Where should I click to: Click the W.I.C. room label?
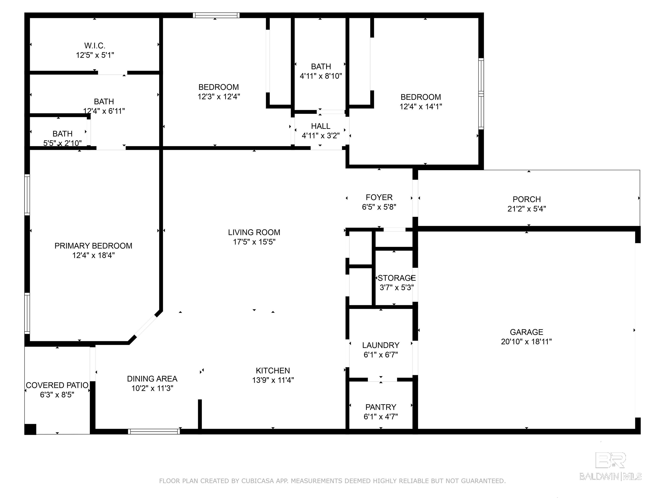coord(95,46)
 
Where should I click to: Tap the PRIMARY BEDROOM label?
coord(93,246)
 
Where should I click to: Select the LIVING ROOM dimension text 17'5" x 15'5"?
coord(254,242)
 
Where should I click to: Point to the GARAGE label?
coord(526,332)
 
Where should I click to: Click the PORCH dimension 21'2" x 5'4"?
coord(527,209)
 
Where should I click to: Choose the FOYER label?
coord(379,197)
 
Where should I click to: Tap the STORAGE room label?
coord(397,278)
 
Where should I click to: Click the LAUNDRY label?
coord(381,345)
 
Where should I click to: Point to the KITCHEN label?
coord(273,371)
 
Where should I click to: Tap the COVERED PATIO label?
coord(57,385)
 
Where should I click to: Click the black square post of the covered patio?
coord(30,429)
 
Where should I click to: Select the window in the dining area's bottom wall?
coord(154,432)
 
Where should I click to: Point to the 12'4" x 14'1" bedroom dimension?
coord(421,107)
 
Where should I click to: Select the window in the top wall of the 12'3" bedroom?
coord(216,15)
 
